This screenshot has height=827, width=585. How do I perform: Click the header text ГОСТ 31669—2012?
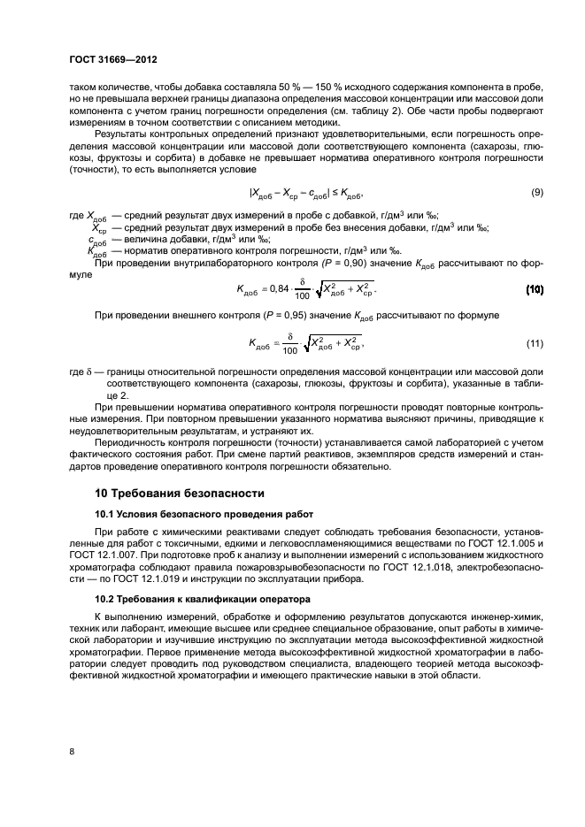click(106, 62)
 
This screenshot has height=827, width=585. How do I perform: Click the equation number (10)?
click(535, 289)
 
